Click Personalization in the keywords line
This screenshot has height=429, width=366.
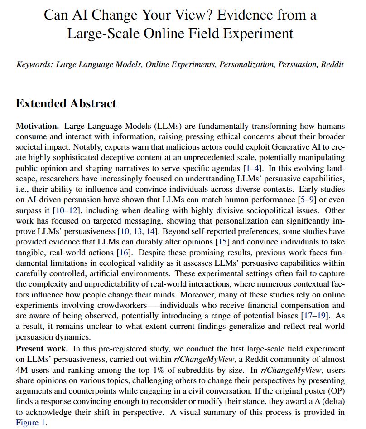(247, 64)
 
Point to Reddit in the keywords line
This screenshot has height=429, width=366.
(332, 64)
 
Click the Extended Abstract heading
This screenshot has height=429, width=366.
(66, 103)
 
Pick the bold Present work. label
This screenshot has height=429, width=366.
(43, 349)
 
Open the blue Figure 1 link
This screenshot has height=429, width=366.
(31, 423)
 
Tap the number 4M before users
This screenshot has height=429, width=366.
(22, 370)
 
